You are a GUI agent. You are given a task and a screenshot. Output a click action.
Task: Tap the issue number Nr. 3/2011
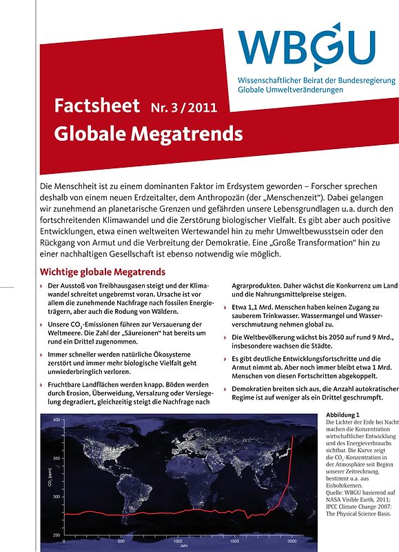[183, 108]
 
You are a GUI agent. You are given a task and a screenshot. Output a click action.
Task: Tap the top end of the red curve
[294, 417]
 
